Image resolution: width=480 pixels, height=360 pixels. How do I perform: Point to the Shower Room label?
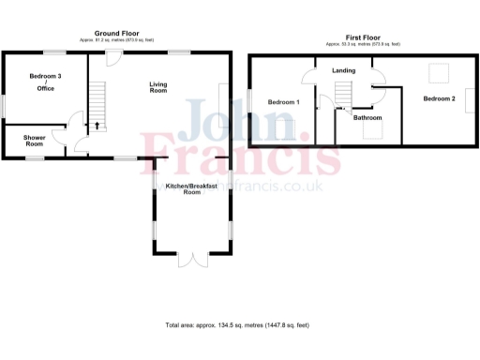[35, 142]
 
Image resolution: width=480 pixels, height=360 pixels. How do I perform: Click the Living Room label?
[158, 87]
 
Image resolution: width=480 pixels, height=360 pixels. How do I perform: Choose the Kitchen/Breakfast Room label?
[192, 188]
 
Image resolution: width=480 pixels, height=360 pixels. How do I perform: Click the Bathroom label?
[367, 118]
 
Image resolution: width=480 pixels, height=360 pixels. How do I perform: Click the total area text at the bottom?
[237, 325]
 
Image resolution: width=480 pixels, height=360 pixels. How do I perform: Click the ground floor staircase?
[97, 99]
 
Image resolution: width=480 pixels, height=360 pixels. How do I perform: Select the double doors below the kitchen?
[192, 259]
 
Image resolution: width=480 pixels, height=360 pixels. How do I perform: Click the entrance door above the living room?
[112, 59]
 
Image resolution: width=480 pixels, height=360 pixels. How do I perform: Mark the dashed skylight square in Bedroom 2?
[438, 72]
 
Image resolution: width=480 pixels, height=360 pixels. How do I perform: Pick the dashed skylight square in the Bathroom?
[371, 131]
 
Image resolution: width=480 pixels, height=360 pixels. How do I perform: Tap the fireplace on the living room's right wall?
[223, 99]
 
